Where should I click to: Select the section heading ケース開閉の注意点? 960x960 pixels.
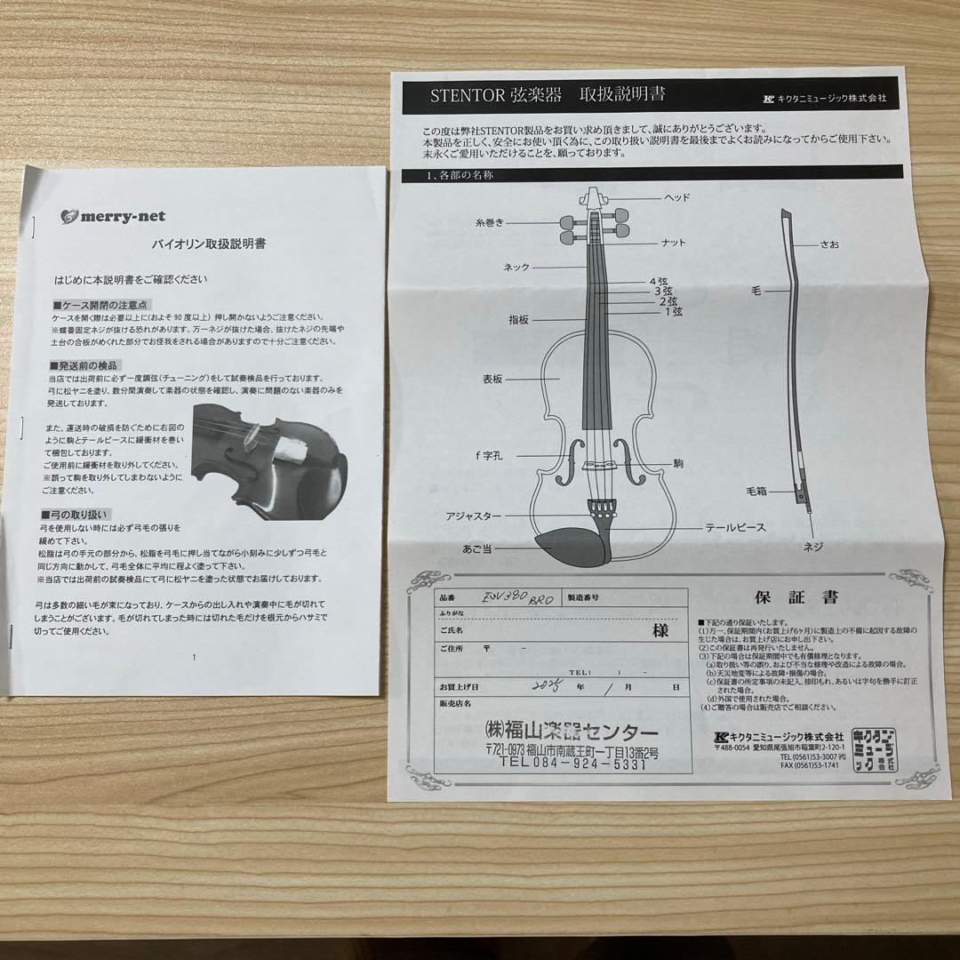[98, 305]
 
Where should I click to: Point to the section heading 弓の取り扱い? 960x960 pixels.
[87, 515]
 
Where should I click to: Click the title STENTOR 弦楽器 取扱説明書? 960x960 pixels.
[548, 94]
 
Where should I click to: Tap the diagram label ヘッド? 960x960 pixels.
[676, 197]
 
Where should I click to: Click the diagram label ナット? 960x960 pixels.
[673, 243]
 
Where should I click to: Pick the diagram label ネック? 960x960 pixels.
[516, 266]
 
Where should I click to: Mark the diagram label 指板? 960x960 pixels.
[519, 317]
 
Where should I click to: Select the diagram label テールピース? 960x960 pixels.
[734, 527]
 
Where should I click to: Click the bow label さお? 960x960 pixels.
[829, 244]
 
